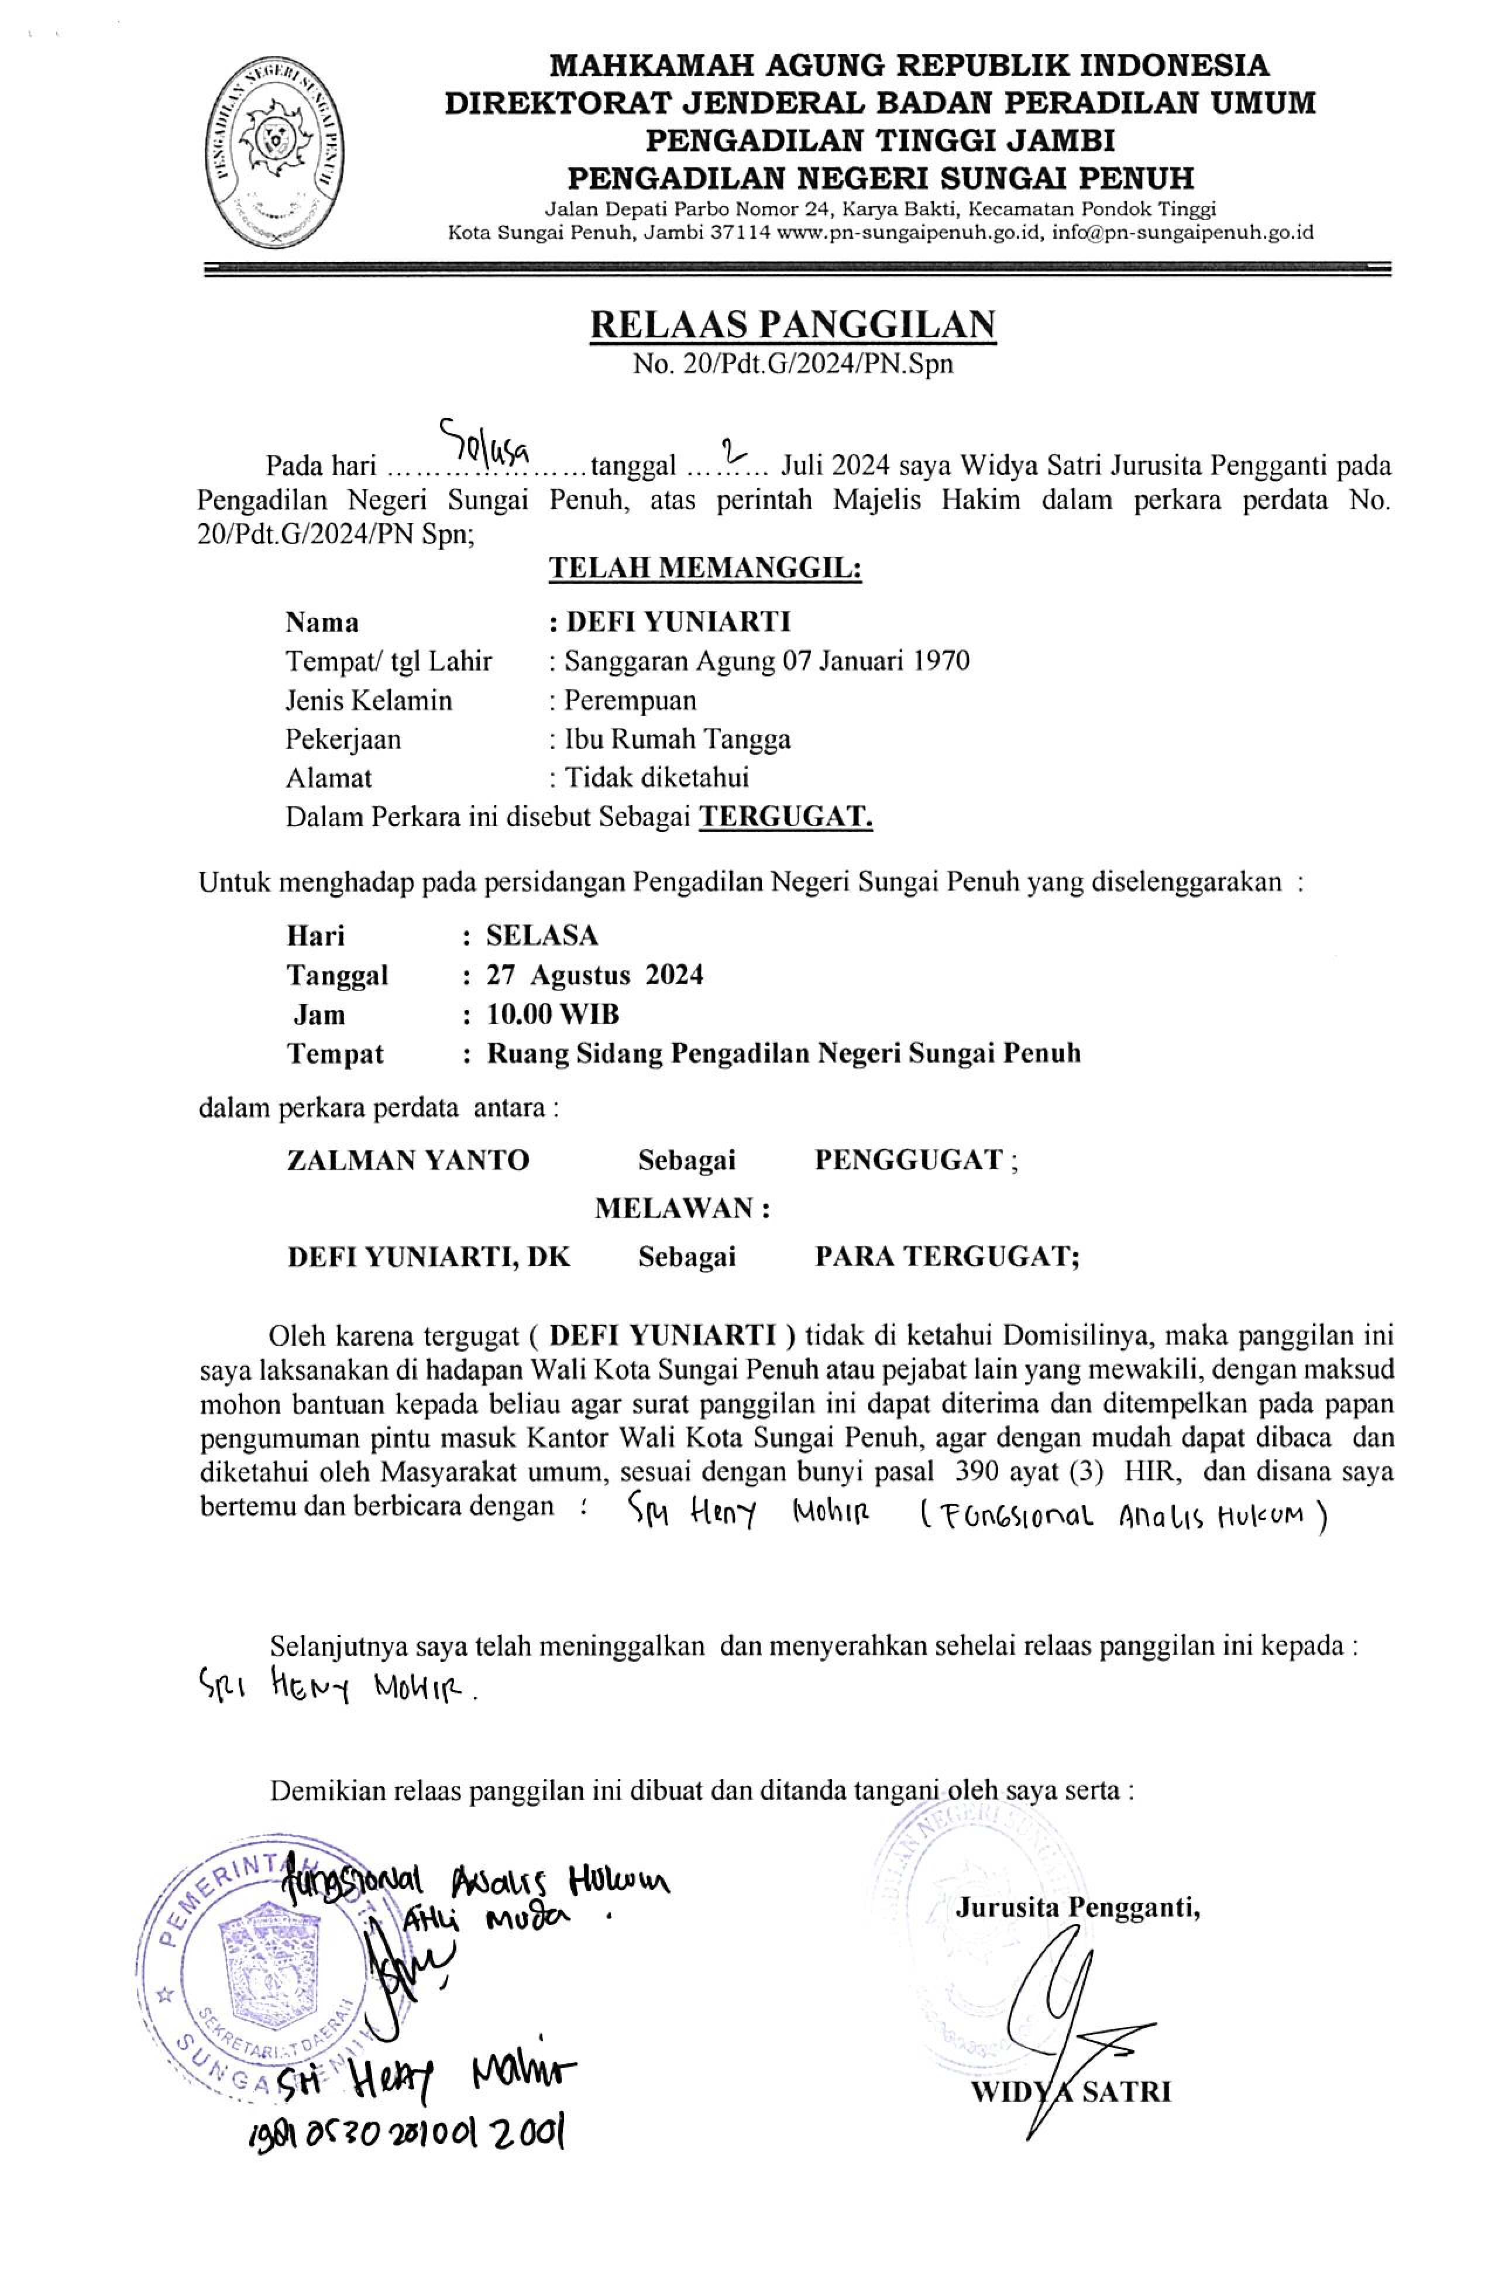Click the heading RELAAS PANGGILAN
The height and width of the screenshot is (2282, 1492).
click(792, 325)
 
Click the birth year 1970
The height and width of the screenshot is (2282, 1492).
click(937, 661)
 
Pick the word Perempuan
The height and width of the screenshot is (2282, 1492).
click(630, 700)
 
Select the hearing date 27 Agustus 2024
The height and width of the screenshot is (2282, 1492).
click(594, 974)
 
